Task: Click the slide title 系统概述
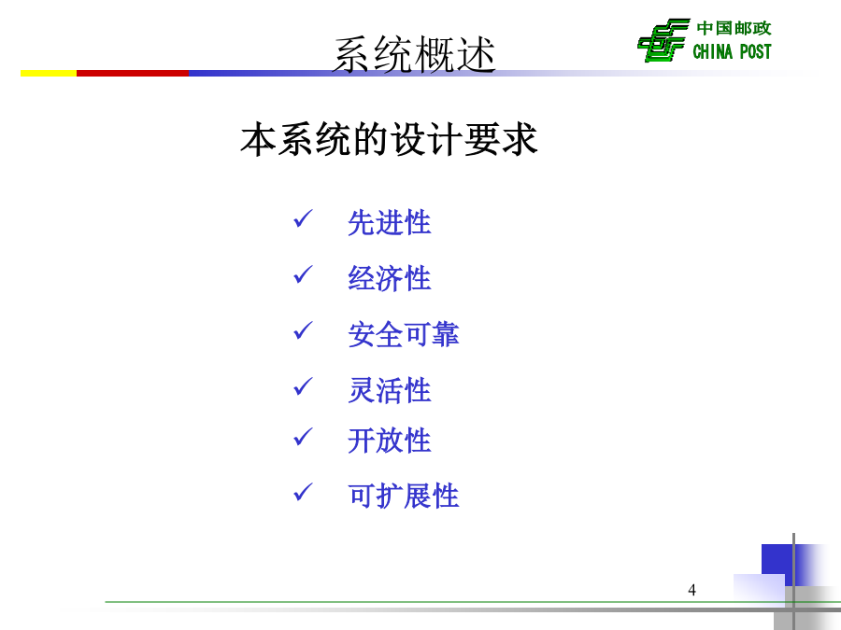point(414,54)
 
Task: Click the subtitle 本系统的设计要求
point(389,139)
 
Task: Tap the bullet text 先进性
point(390,222)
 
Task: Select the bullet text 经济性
point(390,278)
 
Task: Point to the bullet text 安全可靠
point(404,334)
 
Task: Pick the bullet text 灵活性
point(390,390)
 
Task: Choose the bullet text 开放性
point(390,441)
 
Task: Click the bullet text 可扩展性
point(404,496)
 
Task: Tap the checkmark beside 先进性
point(303,219)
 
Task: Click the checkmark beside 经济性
point(303,274)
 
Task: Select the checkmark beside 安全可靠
point(303,330)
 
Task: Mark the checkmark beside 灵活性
point(303,386)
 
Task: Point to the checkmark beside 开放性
point(303,437)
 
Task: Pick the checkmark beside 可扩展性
point(303,492)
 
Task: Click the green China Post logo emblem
point(663,40)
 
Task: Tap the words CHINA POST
point(732,51)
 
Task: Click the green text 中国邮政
point(734,28)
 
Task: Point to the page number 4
point(691,590)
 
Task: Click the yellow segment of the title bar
point(49,73)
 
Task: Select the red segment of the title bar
point(133,73)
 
